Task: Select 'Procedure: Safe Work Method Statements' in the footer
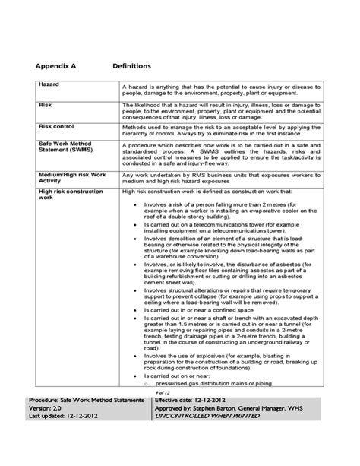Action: pos(87,420)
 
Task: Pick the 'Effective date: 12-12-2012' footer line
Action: pos(199,420)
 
